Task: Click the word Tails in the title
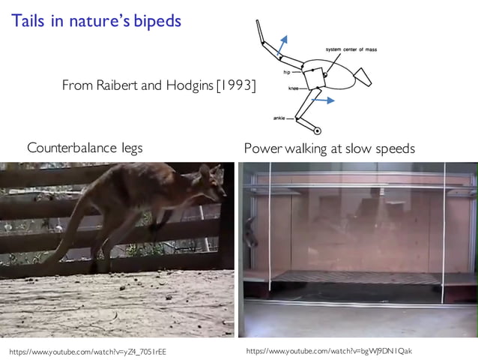[x=28, y=21]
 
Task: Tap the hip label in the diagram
[x=286, y=73]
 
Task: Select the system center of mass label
[x=354, y=49]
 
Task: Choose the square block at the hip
[x=313, y=77]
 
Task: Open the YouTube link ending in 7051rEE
[x=88, y=351]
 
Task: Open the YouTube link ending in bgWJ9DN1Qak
[x=329, y=351]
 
